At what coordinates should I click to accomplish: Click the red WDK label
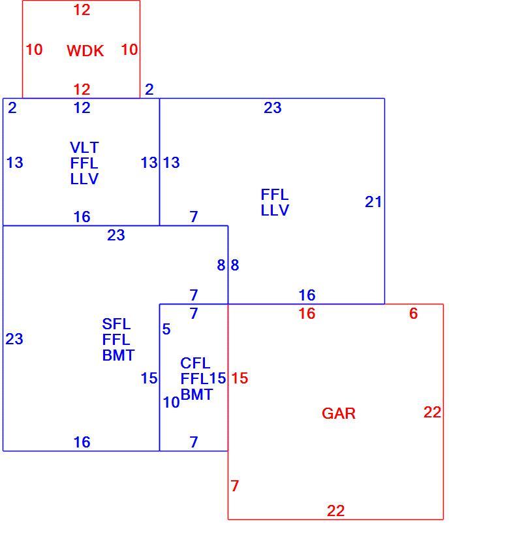click(x=85, y=51)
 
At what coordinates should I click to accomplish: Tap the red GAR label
click(x=339, y=414)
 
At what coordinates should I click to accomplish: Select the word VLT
click(x=84, y=148)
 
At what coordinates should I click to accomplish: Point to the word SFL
click(x=116, y=324)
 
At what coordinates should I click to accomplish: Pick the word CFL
click(x=195, y=363)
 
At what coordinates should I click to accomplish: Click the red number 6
click(x=414, y=314)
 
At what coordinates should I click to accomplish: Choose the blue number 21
click(x=373, y=202)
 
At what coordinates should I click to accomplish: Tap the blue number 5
click(x=166, y=329)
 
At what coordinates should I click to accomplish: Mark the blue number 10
click(x=172, y=402)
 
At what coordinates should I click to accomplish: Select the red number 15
click(x=239, y=378)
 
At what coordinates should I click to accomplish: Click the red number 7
click(x=235, y=486)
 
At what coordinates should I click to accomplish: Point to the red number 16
click(x=307, y=314)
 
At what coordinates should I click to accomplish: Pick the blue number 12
click(x=82, y=108)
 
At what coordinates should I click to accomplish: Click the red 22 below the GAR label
click(x=335, y=511)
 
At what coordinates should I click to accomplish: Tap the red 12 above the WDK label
click(x=82, y=10)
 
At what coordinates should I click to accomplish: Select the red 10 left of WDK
click(x=34, y=50)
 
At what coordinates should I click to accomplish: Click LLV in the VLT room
click(x=84, y=179)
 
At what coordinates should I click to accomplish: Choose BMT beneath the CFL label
click(x=196, y=395)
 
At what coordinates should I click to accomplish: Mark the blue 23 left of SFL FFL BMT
click(x=14, y=339)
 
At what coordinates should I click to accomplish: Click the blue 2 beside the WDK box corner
click(x=149, y=89)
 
